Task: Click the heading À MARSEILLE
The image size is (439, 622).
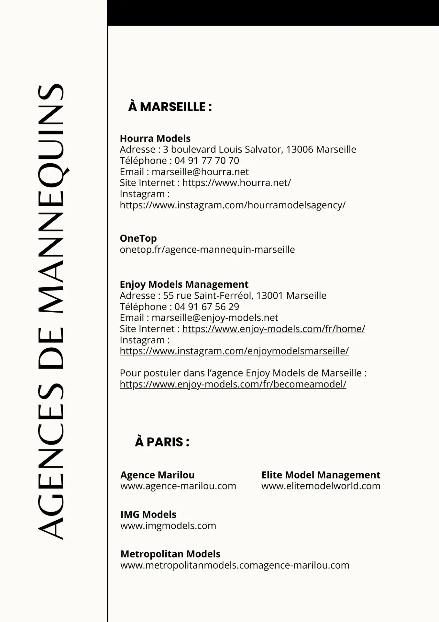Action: click(170, 107)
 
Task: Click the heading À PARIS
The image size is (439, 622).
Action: click(162, 442)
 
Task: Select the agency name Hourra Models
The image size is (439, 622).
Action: click(155, 138)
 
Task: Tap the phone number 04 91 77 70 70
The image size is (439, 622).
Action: click(207, 161)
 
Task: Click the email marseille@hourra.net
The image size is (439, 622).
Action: click(200, 172)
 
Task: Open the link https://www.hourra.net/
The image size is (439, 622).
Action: click(236, 183)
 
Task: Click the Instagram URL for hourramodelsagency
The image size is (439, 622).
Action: click(232, 205)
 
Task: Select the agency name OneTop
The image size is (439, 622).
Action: click(138, 238)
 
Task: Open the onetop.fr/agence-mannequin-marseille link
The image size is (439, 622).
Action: click(207, 249)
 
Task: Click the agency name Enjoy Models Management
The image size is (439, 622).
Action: click(184, 284)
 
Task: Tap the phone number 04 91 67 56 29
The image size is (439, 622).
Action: click(207, 306)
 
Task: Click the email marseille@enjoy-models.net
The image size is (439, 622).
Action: click(215, 317)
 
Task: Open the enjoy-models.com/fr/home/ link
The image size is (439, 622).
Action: click(273, 329)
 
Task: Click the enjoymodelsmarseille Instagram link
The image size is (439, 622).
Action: click(234, 351)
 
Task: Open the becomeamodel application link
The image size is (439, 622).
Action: click(233, 384)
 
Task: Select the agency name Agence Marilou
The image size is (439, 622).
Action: click(157, 475)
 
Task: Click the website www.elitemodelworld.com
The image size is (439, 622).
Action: click(321, 486)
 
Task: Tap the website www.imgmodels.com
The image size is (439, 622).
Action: click(168, 525)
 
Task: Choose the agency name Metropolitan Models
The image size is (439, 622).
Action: click(170, 554)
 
